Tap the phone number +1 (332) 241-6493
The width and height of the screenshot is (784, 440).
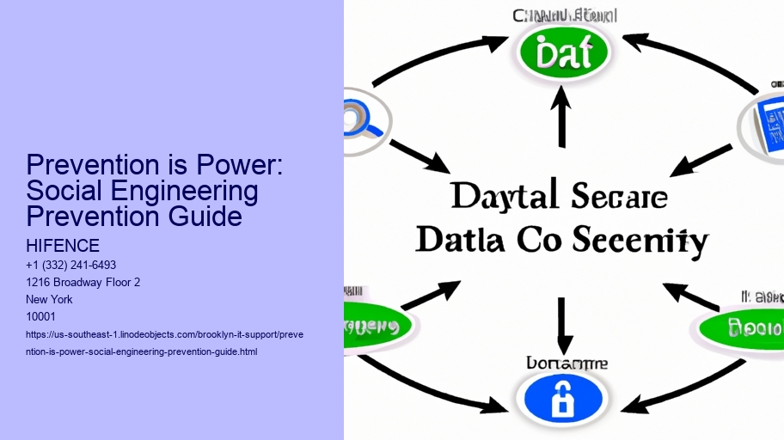pos(72,265)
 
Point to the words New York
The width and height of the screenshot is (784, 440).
pos(51,299)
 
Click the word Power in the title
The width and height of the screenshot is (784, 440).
pos(248,166)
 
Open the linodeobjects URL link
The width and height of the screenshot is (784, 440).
pos(164,342)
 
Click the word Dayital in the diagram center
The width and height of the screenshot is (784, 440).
pos(498,198)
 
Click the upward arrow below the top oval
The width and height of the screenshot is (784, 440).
pos(562,119)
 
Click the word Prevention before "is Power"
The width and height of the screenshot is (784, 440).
pos(92,166)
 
